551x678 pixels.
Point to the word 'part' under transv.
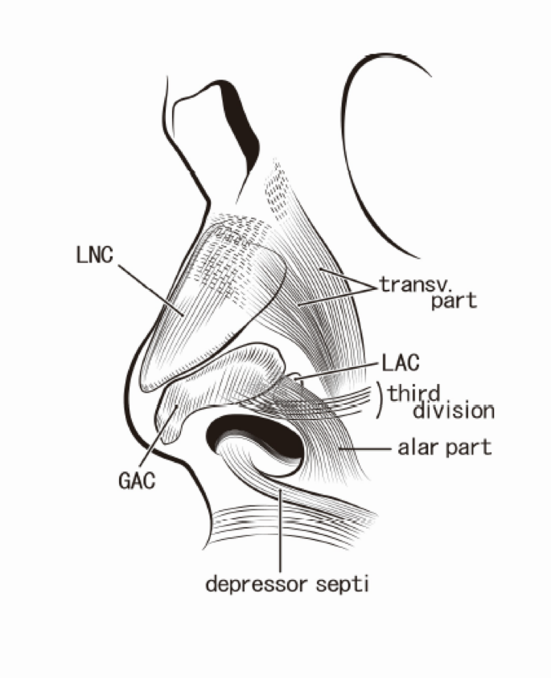(450, 302)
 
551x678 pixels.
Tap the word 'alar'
(416, 447)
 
